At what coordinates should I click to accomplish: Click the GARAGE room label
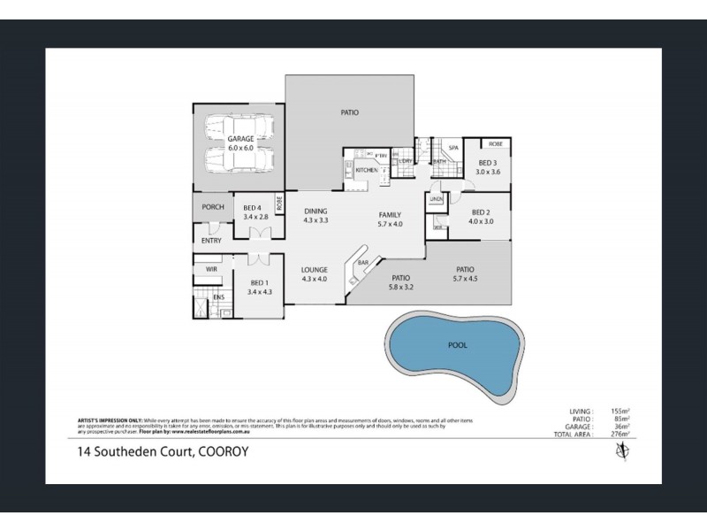point(240,139)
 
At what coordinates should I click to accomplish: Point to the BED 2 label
point(481,212)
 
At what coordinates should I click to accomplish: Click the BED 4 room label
point(253,208)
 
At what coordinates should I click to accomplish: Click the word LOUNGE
point(315,270)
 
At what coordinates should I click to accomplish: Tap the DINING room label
point(315,211)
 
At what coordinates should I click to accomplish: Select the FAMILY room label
point(390,214)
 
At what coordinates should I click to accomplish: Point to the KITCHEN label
point(366,170)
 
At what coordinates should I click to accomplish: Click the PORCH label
point(212,207)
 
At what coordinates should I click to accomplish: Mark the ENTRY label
point(212,240)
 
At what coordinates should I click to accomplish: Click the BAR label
point(362,263)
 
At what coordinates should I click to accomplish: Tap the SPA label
point(452,148)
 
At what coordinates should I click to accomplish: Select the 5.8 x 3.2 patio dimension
point(400,287)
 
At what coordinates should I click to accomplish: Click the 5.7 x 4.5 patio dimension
point(465,280)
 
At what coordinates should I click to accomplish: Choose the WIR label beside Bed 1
point(211,268)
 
